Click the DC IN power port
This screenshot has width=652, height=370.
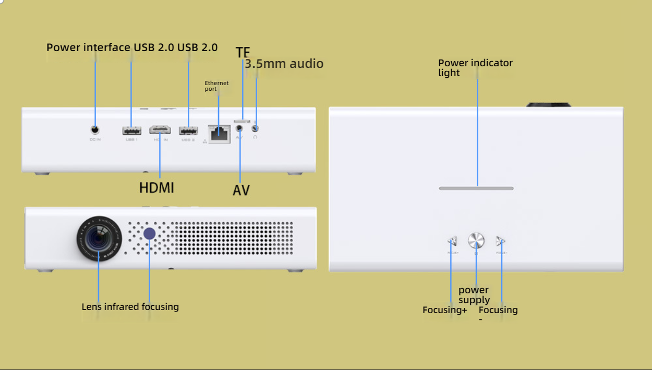click(x=95, y=129)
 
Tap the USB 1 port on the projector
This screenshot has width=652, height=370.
click(x=131, y=130)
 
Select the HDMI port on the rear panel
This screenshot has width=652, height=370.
click(x=160, y=129)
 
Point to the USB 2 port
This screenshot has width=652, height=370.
click(x=188, y=130)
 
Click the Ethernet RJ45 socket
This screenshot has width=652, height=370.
click(x=219, y=133)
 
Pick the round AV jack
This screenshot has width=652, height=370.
click(x=239, y=127)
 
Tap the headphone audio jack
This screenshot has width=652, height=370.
click(x=255, y=127)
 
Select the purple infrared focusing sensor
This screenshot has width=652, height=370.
click(x=150, y=233)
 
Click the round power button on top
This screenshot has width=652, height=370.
click(x=476, y=241)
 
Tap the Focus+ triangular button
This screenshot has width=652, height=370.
click(x=452, y=241)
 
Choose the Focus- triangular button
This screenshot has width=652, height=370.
click(x=501, y=241)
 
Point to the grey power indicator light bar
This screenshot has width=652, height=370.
click(x=476, y=188)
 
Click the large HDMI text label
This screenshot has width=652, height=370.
click(x=156, y=188)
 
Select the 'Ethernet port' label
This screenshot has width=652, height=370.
click(x=216, y=86)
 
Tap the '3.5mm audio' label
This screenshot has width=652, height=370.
click(x=284, y=64)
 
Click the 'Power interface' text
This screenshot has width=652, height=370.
click(x=88, y=47)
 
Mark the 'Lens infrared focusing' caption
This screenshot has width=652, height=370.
click(x=130, y=307)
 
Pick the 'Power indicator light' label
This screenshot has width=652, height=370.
click(x=475, y=68)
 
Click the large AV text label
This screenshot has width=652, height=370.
click(x=241, y=190)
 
